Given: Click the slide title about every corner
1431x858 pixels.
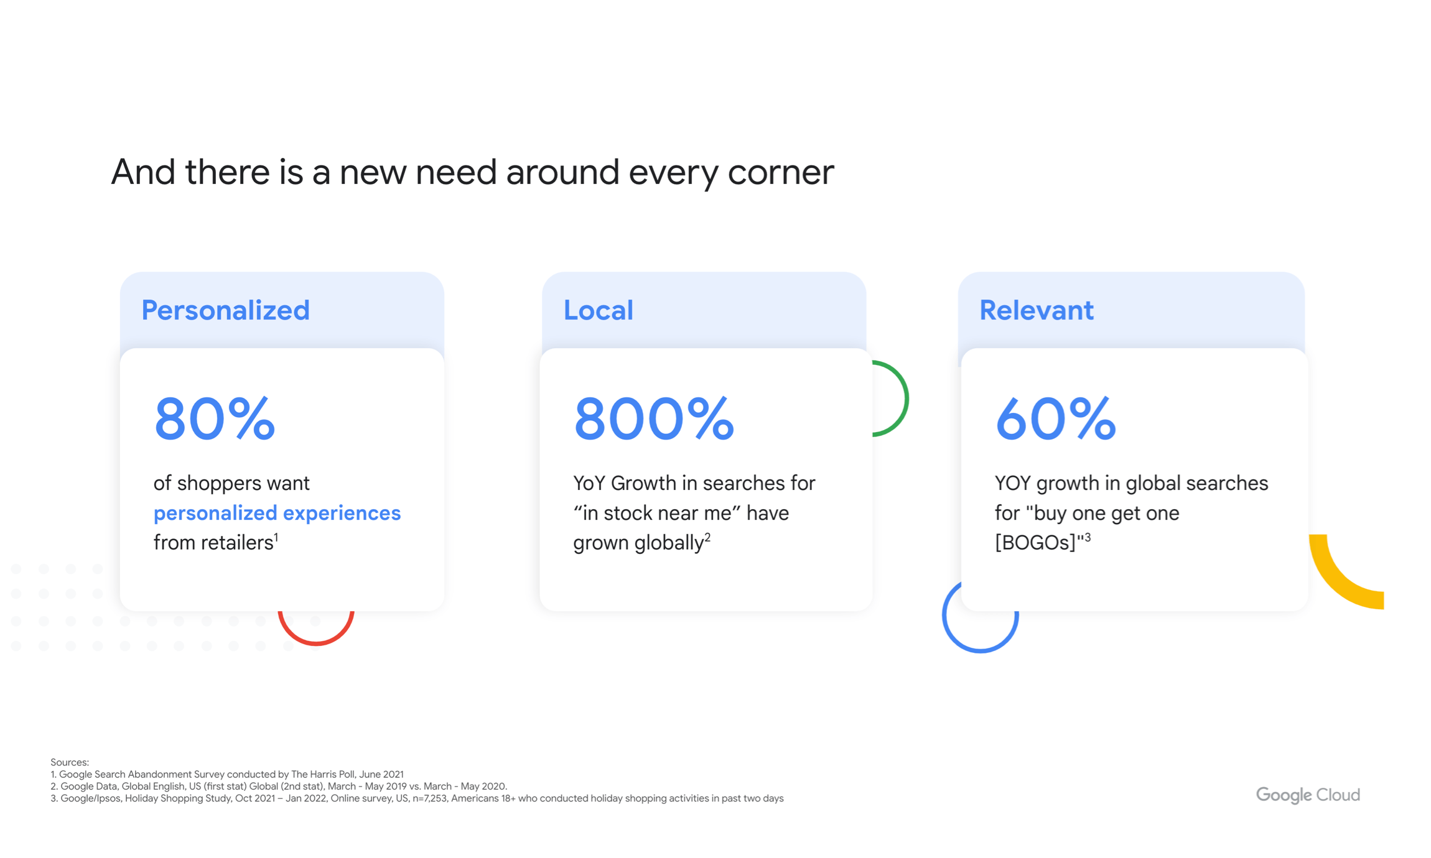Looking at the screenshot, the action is point(472,172).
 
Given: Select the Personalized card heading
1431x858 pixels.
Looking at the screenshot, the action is point(225,310).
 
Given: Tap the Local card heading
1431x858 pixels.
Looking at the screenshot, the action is point(598,310).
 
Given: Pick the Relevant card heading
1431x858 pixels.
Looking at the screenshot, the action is point(1036,310).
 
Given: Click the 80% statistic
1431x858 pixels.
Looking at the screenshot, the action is point(215,419).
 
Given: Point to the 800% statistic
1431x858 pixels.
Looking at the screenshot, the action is point(654,419).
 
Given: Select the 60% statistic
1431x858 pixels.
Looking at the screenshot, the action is point(1056,419).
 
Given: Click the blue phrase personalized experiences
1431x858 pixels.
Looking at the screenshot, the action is point(277,514).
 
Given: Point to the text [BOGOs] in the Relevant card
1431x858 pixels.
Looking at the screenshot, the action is point(1035,543).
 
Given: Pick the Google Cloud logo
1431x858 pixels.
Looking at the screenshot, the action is point(1308,795).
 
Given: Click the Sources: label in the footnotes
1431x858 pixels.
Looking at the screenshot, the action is point(70,762).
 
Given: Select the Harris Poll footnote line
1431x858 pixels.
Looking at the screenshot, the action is point(227,775).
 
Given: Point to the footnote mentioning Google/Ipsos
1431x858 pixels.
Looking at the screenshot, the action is point(417,798).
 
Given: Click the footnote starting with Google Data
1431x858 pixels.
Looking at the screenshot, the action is point(279,786).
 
